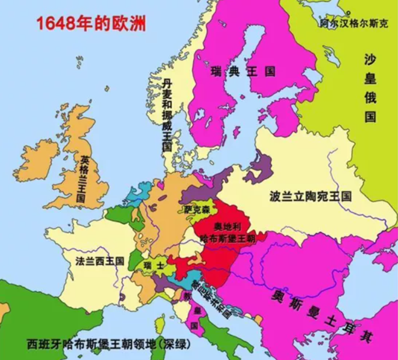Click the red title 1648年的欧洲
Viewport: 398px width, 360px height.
point(91,23)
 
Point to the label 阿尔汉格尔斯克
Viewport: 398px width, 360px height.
point(354,24)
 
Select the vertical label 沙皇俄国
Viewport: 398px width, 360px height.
point(370,88)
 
